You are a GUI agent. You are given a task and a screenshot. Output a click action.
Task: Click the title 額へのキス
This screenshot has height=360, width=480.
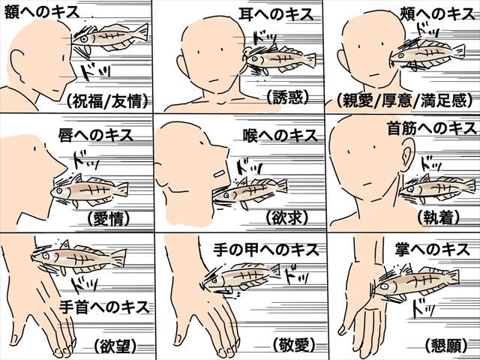(x=42, y=13)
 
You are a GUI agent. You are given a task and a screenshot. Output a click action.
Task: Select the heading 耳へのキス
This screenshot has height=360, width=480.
(x=276, y=14)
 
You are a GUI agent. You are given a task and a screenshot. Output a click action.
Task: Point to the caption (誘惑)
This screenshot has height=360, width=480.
(x=287, y=97)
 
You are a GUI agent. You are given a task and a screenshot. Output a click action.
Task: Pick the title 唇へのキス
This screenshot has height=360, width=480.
(x=96, y=135)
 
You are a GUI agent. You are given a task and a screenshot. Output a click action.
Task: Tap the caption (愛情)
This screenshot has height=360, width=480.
(x=109, y=218)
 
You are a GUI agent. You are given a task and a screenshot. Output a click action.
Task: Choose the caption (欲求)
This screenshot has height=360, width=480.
(x=286, y=217)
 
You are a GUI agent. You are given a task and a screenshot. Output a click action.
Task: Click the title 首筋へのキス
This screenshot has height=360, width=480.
(x=432, y=128)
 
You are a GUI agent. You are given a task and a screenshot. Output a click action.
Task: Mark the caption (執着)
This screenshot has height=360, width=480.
(x=438, y=217)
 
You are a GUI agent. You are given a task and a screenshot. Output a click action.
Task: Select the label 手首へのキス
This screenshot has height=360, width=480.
(x=104, y=307)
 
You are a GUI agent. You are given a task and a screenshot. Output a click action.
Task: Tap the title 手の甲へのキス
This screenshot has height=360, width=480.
(x=266, y=250)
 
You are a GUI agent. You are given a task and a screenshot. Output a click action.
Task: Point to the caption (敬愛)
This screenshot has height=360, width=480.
(x=294, y=345)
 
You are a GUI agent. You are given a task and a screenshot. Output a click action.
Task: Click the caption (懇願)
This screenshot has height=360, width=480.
(x=446, y=346)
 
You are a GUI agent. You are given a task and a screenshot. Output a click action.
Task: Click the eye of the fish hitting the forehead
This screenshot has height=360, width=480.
(x=83, y=39)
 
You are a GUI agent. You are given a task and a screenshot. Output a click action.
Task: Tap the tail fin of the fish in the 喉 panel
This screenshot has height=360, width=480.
(x=282, y=186)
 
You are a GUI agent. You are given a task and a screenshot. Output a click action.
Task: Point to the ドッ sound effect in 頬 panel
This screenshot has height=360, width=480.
(x=427, y=30)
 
